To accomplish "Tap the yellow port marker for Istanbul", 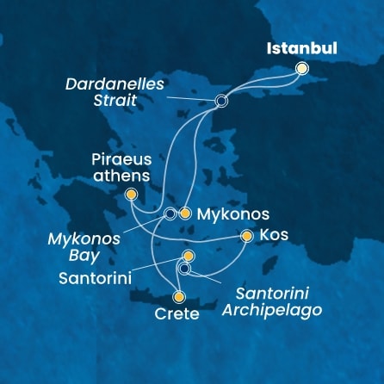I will (301, 69).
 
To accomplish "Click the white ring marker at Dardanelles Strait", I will (221, 101).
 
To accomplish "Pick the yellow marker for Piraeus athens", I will (131, 195).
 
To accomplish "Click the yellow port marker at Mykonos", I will (184, 213).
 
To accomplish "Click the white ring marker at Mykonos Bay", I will (170, 213).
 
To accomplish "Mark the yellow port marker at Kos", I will (247, 235).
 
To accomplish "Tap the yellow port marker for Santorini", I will (189, 257).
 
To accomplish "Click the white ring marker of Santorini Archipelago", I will (184, 269).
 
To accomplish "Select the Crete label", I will (179, 314).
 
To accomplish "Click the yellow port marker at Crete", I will (179, 296).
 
